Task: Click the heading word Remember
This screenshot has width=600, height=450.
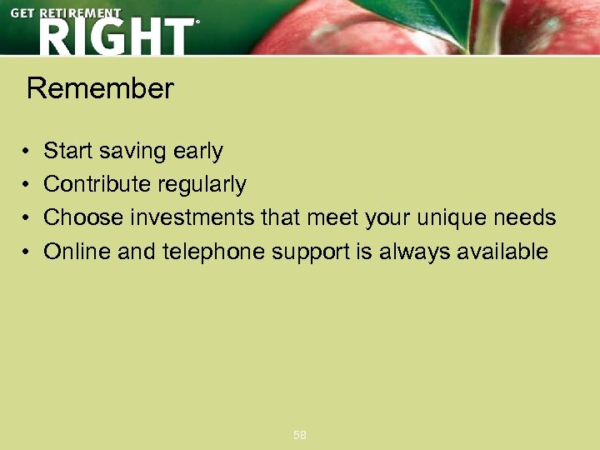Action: [x=100, y=88]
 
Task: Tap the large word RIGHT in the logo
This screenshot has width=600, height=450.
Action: [x=114, y=37]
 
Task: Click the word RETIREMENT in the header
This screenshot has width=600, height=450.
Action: [x=81, y=13]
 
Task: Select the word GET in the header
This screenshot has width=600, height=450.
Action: [x=23, y=13]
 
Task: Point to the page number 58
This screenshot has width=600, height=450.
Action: [x=300, y=435]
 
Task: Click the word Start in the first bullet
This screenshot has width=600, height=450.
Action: [x=68, y=151]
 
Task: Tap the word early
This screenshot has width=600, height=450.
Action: [x=198, y=151]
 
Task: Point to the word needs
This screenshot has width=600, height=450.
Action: [x=525, y=217]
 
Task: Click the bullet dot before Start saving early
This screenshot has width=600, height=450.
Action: [x=27, y=152]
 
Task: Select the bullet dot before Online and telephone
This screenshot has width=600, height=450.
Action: [x=27, y=252]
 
